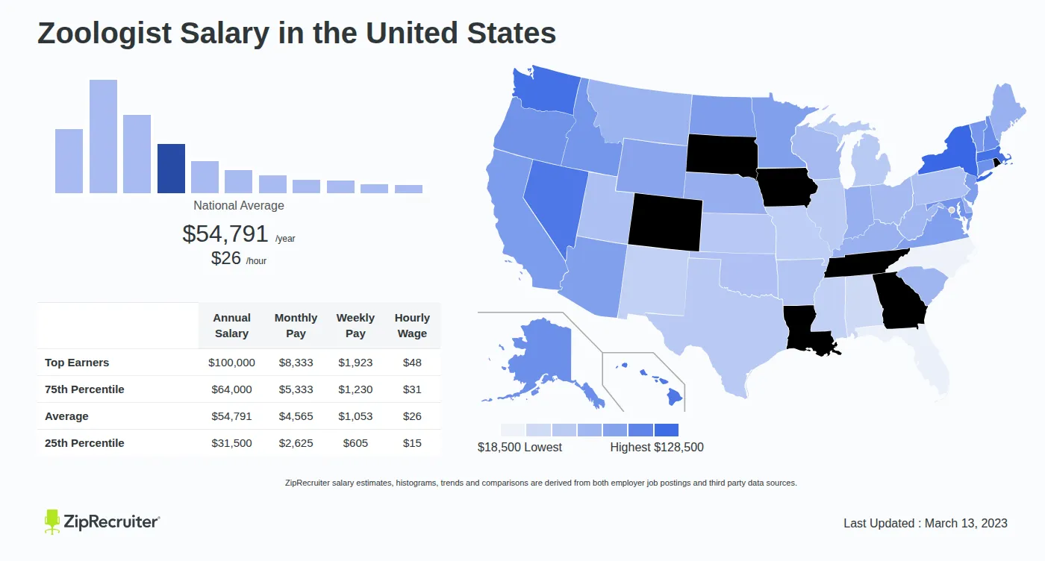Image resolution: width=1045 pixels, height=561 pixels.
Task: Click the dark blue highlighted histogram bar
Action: pyautogui.click(x=171, y=169)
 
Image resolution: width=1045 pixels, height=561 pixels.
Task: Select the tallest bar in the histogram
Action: pyautogui.click(x=103, y=137)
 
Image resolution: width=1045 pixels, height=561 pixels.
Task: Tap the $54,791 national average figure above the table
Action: pyautogui.click(x=225, y=234)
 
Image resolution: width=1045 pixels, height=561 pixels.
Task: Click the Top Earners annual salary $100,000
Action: pyautogui.click(x=231, y=363)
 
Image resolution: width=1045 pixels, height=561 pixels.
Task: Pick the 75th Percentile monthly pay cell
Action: pyautogui.click(x=296, y=389)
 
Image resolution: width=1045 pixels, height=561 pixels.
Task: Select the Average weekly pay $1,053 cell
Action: pyautogui.click(x=355, y=416)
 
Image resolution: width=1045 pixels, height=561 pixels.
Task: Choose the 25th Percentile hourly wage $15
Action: pyautogui.click(x=412, y=443)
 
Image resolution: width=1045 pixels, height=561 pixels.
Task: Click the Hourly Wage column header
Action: pyautogui.click(x=412, y=325)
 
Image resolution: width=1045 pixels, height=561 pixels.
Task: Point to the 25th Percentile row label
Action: pyautogui.click(x=84, y=443)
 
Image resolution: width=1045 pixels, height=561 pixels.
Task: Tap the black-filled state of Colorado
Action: pyautogui.click(x=665, y=222)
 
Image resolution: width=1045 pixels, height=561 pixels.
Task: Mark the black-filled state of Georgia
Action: pyautogui.click(x=900, y=301)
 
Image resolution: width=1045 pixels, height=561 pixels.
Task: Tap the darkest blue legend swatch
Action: pyautogui.click(x=666, y=430)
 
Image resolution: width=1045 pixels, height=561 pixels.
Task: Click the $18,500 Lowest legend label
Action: pyautogui.click(x=520, y=447)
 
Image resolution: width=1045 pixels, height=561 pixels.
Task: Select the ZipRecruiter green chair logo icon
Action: pyautogui.click(x=52, y=521)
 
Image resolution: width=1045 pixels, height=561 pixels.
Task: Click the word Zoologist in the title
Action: pyautogui.click(x=104, y=34)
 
